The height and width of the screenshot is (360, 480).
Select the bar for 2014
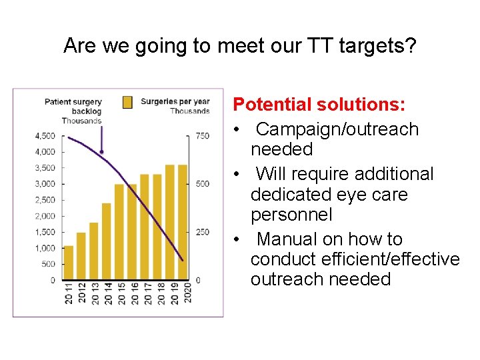tap(106, 241)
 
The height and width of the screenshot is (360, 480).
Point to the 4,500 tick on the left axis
tap(45, 136)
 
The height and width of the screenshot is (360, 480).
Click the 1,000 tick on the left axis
tap(45, 248)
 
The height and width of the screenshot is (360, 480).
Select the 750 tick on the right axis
tap(202, 136)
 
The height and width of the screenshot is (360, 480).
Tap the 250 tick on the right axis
tap(202, 232)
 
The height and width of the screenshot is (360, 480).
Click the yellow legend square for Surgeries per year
tap(127, 102)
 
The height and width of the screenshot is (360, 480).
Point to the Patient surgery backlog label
tap(73, 107)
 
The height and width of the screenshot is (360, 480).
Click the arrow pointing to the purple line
tap(101, 141)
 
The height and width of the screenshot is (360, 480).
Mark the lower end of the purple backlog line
tap(183, 259)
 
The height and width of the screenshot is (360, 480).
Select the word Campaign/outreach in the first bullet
tap(337, 129)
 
